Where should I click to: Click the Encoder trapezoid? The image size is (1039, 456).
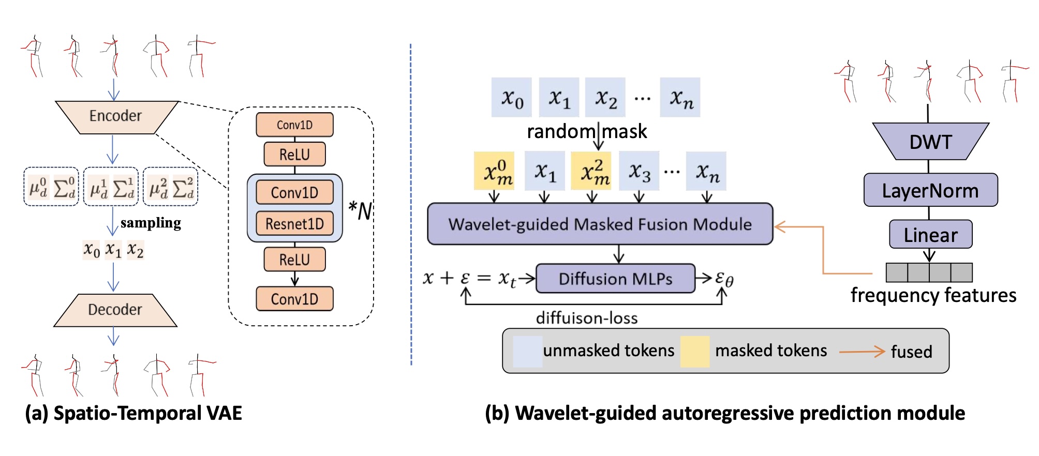[x=116, y=116]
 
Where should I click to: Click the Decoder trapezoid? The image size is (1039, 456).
[x=115, y=310]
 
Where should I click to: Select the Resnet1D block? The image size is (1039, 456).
[x=294, y=224]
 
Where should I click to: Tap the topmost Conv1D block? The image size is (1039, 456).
[x=294, y=125]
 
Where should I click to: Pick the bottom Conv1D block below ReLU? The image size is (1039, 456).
[x=294, y=299]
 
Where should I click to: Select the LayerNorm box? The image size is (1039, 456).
[x=930, y=190]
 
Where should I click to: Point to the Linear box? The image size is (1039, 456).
[x=930, y=235]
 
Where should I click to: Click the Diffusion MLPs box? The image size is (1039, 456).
[x=615, y=279]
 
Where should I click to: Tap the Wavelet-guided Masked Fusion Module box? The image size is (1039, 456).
[x=600, y=224]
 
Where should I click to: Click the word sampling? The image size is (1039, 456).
[x=151, y=223]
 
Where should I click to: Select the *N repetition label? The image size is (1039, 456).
[x=360, y=210]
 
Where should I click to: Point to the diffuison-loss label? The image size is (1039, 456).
[x=587, y=317]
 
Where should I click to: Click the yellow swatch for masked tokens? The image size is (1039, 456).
[x=694, y=352]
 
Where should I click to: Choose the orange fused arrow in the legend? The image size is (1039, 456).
[x=862, y=352]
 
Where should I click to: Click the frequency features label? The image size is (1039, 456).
[x=933, y=295]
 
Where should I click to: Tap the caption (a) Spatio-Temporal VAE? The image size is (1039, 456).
[x=133, y=413]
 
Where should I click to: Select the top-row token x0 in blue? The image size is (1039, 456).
[x=512, y=98]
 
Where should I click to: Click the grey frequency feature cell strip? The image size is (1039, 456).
[x=929, y=272]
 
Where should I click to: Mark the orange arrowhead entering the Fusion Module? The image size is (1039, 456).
[x=780, y=226]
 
